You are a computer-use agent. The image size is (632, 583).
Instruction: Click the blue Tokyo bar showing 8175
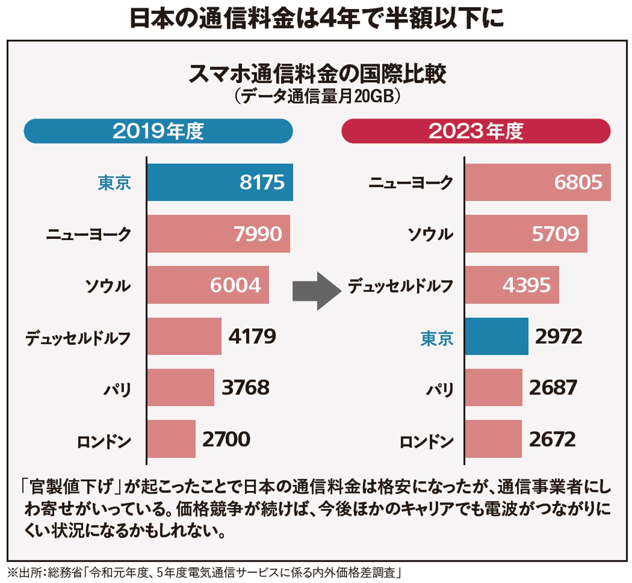[219, 182]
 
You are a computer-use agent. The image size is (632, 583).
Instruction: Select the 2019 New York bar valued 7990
[218, 234]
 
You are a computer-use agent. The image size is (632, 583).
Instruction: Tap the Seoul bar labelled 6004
[208, 285]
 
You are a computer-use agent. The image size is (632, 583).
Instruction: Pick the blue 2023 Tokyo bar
[496, 337]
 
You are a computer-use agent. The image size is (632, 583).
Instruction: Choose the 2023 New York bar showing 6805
[537, 182]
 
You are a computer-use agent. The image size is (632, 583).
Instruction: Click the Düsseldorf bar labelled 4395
[512, 285]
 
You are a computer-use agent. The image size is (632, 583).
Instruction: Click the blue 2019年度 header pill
[158, 131]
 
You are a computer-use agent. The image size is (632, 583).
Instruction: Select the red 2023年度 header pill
[476, 131]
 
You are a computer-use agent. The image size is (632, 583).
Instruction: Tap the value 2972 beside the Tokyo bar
[558, 337]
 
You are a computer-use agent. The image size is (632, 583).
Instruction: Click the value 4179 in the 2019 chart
[252, 337]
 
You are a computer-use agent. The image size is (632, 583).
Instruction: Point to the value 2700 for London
[226, 439]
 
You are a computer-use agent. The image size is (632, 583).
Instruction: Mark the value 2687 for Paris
[553, 388]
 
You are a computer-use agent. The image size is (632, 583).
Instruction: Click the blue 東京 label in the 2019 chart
[114, 183]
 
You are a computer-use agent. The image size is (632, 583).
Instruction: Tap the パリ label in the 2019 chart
[117, 390]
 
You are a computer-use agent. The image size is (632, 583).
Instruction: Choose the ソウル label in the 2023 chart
[430, 235]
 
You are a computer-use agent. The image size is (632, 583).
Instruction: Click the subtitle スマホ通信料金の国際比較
[317, 74]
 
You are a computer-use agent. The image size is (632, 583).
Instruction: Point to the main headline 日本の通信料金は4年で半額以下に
[316, 19]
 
